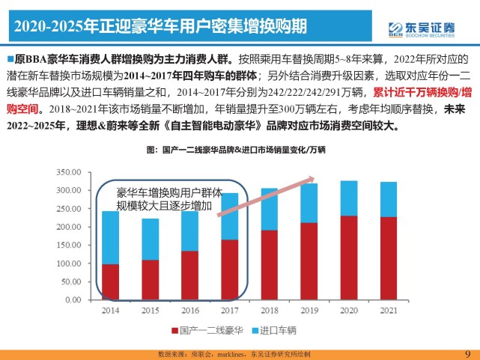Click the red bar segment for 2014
tap(110, 281)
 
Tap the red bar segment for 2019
tap(308, 260)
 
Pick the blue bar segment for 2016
tap(189, 231)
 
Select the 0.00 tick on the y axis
tap(73, 300)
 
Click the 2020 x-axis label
tap(347, 310)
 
